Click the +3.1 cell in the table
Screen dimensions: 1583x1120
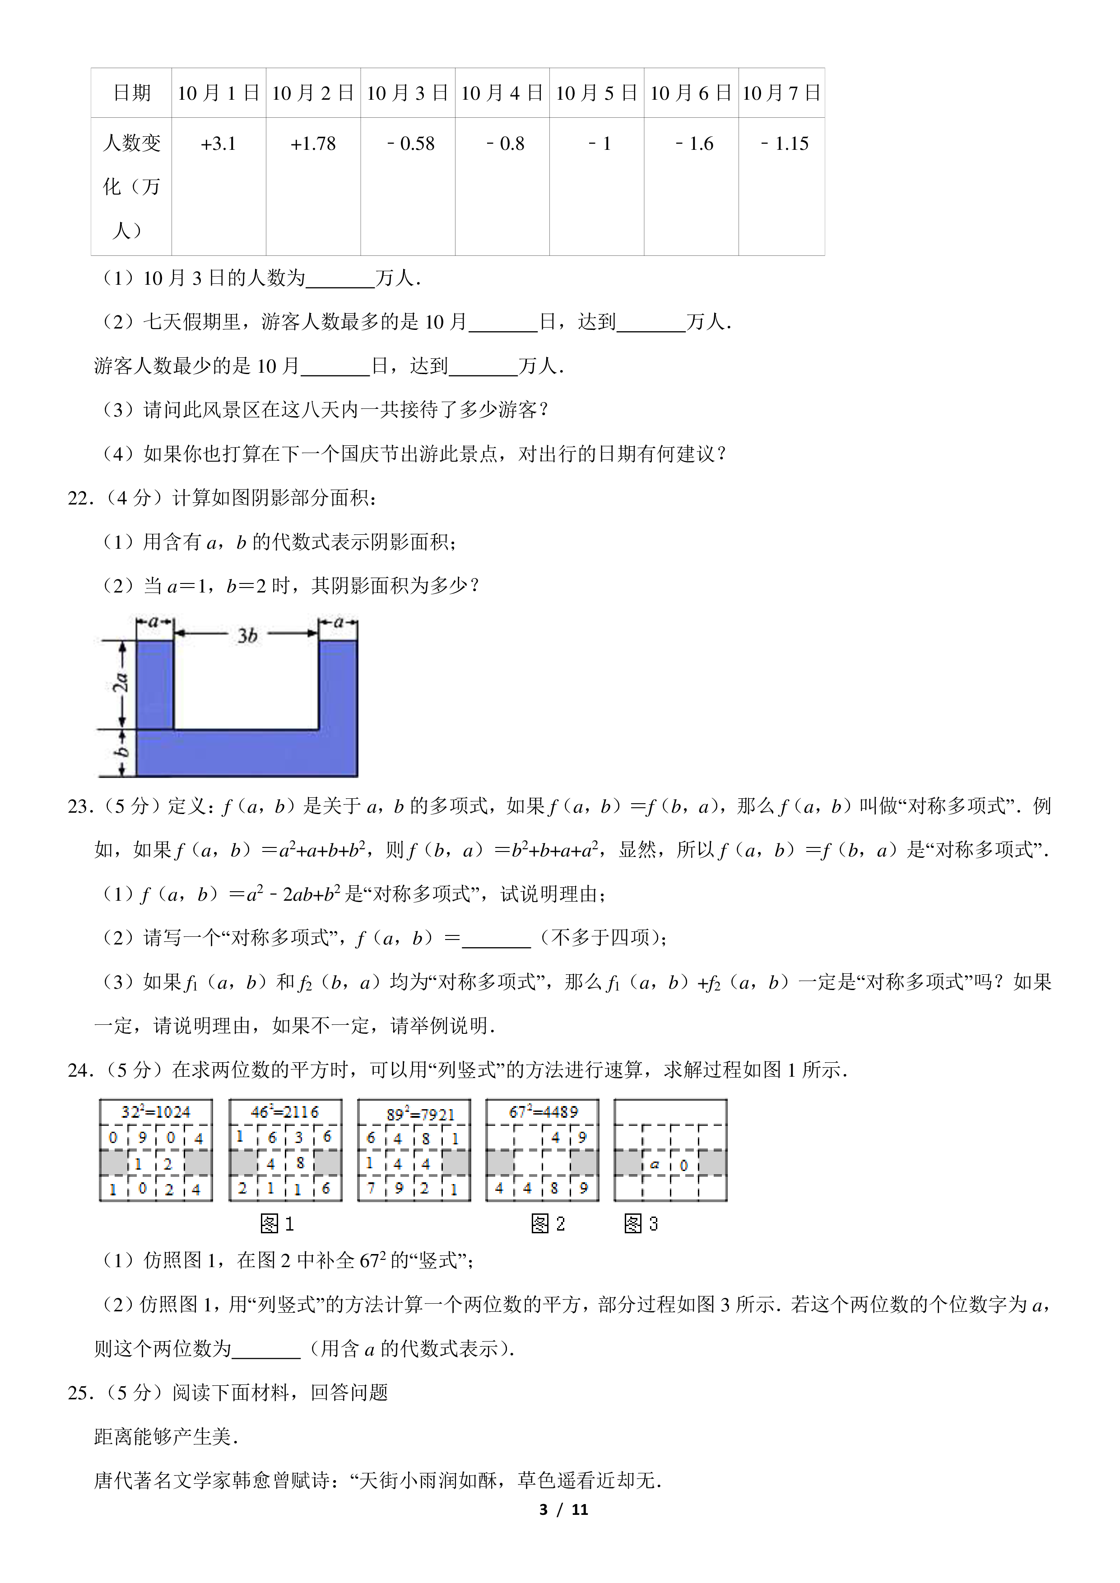[218, 144]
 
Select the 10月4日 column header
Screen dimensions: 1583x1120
[502, 93]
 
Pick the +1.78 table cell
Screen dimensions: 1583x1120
[313, 144]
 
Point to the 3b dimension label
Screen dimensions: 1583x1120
[247, 635]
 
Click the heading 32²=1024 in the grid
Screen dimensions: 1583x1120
[156, 1111]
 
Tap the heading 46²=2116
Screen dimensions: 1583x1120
[285, 1111]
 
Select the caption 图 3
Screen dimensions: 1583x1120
[641, 1224]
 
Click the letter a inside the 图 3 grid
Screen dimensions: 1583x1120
[655, 1165]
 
